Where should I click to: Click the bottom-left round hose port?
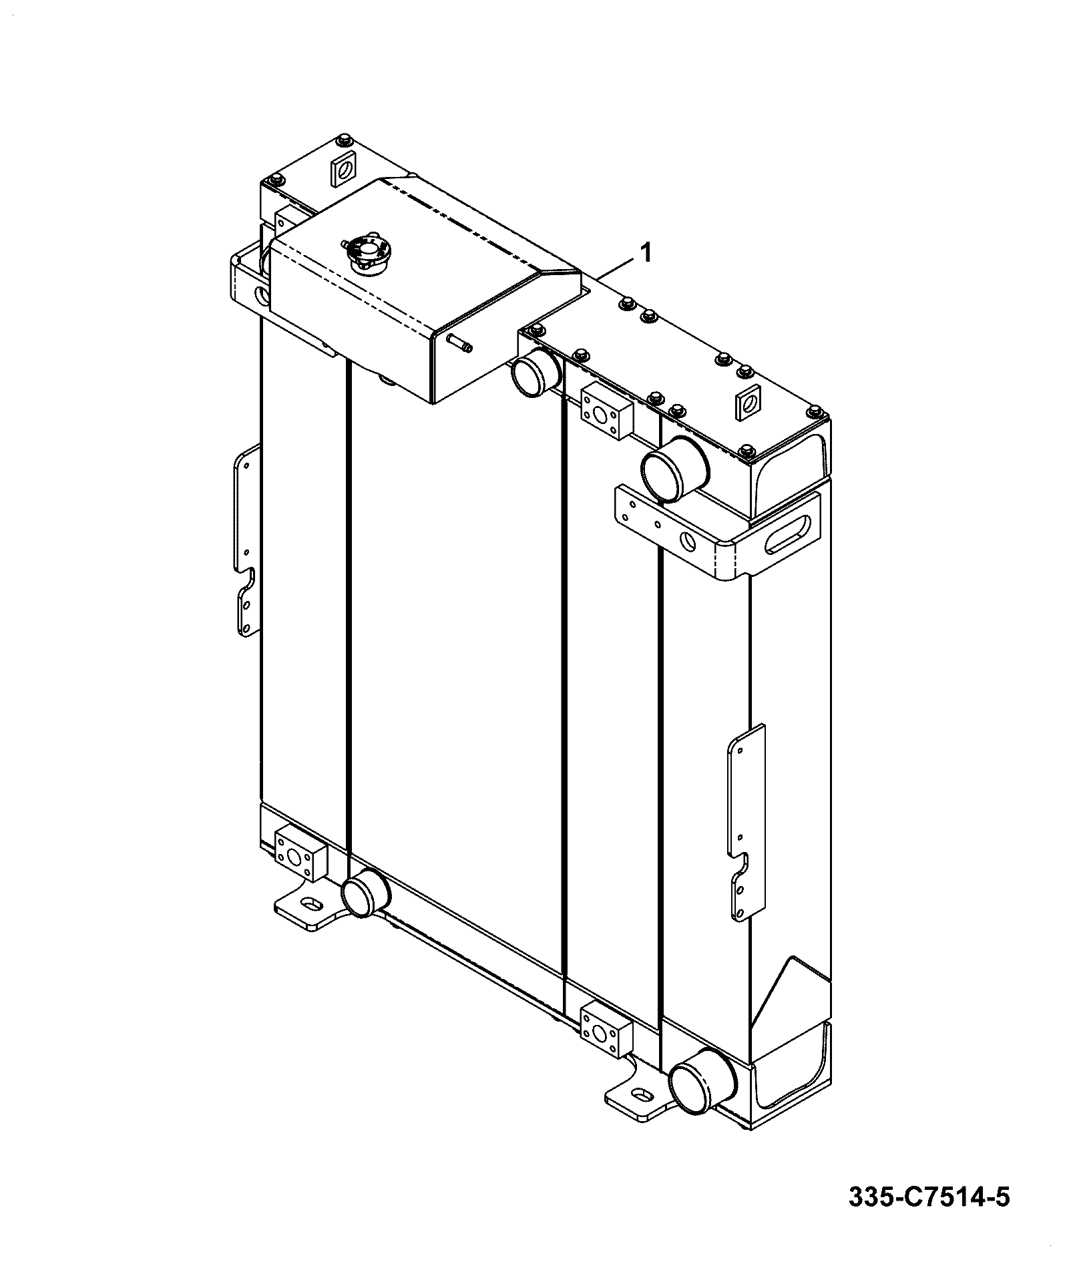pos(366,893)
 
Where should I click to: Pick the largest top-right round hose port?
pos(675,468)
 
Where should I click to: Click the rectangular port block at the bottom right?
pos(606,1034)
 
